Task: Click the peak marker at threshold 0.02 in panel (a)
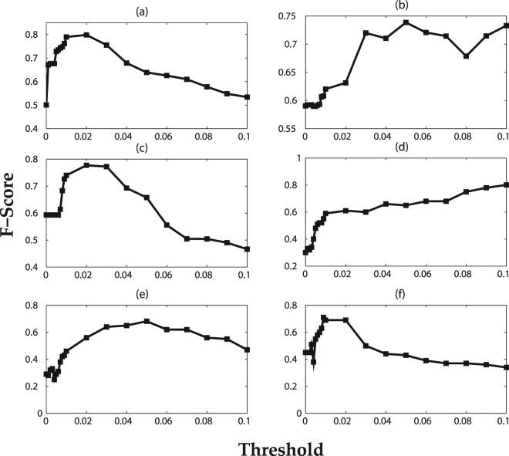(86, 35)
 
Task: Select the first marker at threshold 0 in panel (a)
(46, 105)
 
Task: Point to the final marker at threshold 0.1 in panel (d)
(506, 184)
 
